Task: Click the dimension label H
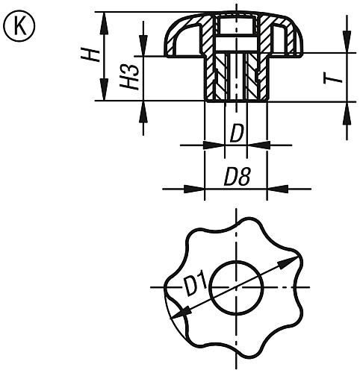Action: click(89, 57)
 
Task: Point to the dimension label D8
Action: click(236, 178)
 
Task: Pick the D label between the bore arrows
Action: click(236, 135)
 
